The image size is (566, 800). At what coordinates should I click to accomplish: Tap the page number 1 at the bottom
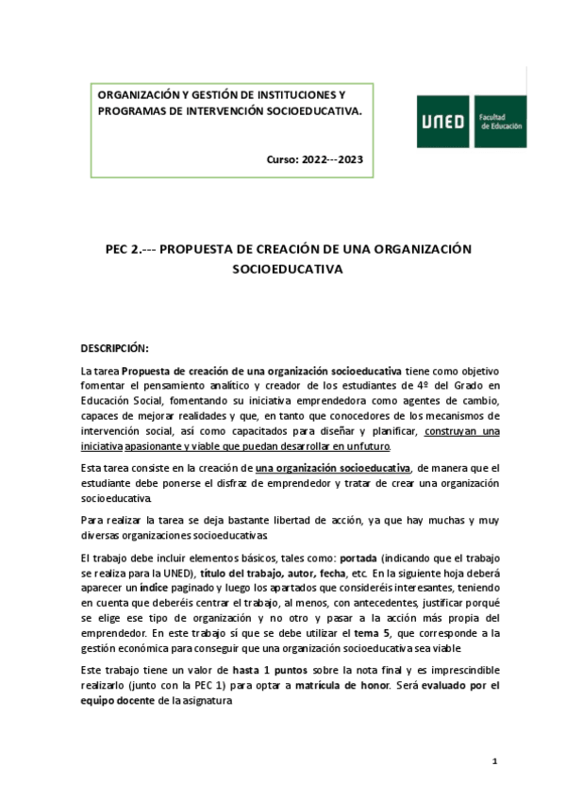click(x=494, y=761)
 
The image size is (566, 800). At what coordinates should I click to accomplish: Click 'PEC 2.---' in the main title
click(x=128, y=248)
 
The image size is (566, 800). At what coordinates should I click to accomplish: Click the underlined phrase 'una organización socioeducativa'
click(x=333, y=467)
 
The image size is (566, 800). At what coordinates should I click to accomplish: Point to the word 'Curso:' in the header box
click(x=283, y=158)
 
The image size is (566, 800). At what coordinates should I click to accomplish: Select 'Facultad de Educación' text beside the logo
click(x=502, y=122)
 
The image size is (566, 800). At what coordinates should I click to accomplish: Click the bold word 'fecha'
click(x=329, y=574)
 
